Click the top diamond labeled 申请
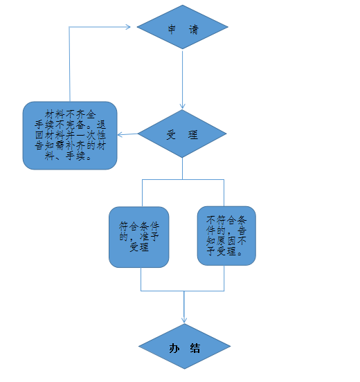coord(182,27)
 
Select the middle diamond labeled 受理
coord(182,134)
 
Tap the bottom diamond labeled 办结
coord(185,346)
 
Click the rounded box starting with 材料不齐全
coord(70,136)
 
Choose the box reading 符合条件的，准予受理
coord(139,237)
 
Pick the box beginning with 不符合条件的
coord(226,236)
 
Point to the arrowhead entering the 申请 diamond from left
coord(128,27)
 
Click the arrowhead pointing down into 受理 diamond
coord(182,106)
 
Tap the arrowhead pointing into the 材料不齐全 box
coord(120,134)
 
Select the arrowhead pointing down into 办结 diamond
coord(184,320)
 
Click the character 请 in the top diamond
coord(194,30)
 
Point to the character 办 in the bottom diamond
coord(174,348)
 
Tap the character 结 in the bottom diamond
coord(195,348)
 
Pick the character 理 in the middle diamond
coord(193,135)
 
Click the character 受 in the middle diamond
coord(172,135)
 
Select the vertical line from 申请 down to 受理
coord(182,78)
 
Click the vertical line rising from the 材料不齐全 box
coord(69,64)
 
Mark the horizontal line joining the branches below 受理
coord(183,180)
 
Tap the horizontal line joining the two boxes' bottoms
coord(182,291)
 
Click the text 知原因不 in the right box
coord(226,241)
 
